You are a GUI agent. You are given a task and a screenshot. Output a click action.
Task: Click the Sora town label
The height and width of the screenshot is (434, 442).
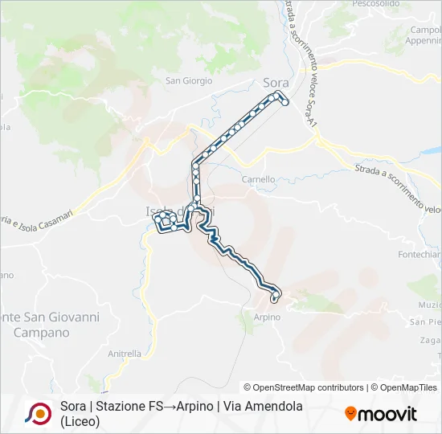point(276,82)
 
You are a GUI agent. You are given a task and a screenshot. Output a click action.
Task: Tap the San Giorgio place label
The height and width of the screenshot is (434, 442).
point(189,80)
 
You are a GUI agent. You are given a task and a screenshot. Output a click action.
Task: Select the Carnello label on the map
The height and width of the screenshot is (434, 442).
point(259,179)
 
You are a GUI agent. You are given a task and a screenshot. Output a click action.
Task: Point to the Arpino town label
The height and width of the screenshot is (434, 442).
point(268,317)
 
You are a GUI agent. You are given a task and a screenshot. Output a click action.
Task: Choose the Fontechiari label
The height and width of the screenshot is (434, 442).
point(419,254)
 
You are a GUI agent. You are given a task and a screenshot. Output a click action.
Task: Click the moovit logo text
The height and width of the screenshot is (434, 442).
point(387,414)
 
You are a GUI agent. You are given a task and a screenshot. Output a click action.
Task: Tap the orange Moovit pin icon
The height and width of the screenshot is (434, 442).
point(350,414)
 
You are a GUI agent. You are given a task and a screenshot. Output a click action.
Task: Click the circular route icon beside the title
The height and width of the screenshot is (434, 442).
point(38,413)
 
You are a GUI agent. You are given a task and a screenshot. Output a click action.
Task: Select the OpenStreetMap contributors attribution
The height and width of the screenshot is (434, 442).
point(304,387)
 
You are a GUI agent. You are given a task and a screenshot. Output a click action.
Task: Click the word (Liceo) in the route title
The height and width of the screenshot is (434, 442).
point(80,421)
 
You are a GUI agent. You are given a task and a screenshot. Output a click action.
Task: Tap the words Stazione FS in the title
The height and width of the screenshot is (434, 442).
point(129,407)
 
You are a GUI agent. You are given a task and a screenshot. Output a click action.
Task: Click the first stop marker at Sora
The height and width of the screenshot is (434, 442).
point(284,102)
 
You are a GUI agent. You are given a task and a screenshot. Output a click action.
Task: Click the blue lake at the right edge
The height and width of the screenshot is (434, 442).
point(432,150)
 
